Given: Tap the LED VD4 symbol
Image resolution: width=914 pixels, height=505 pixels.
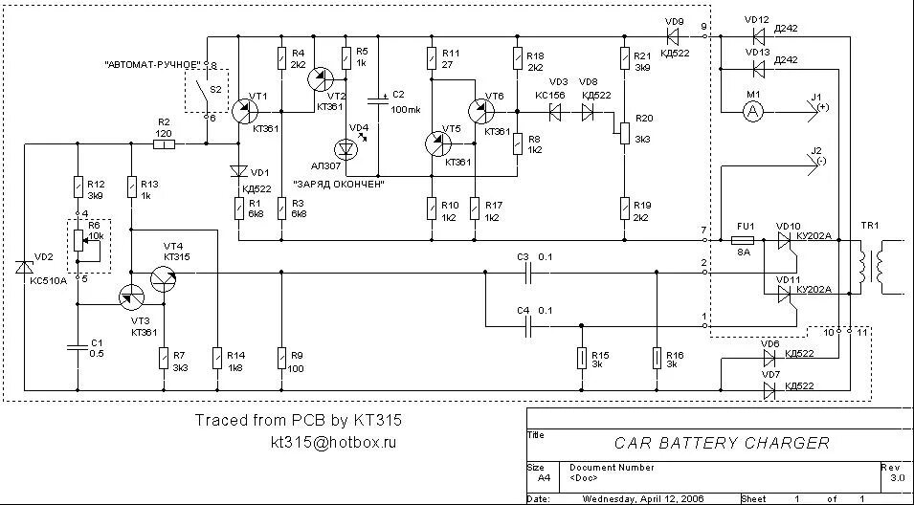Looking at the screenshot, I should pos(346,149).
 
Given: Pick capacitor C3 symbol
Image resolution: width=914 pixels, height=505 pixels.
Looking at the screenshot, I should pos(525,272).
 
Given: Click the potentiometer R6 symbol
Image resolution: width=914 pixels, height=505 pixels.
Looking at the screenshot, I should pos(76,248).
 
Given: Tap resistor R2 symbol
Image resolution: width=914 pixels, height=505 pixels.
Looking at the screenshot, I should pos(164,144).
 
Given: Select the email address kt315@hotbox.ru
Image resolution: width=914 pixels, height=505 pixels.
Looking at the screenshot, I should pos(332,443).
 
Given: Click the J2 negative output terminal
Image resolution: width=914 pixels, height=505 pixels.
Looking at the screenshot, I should pos(816,164).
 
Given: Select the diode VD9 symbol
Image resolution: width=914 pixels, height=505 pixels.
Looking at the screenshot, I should pos(673,36).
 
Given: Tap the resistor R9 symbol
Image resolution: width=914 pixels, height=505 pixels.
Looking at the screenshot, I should pos(281,359).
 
